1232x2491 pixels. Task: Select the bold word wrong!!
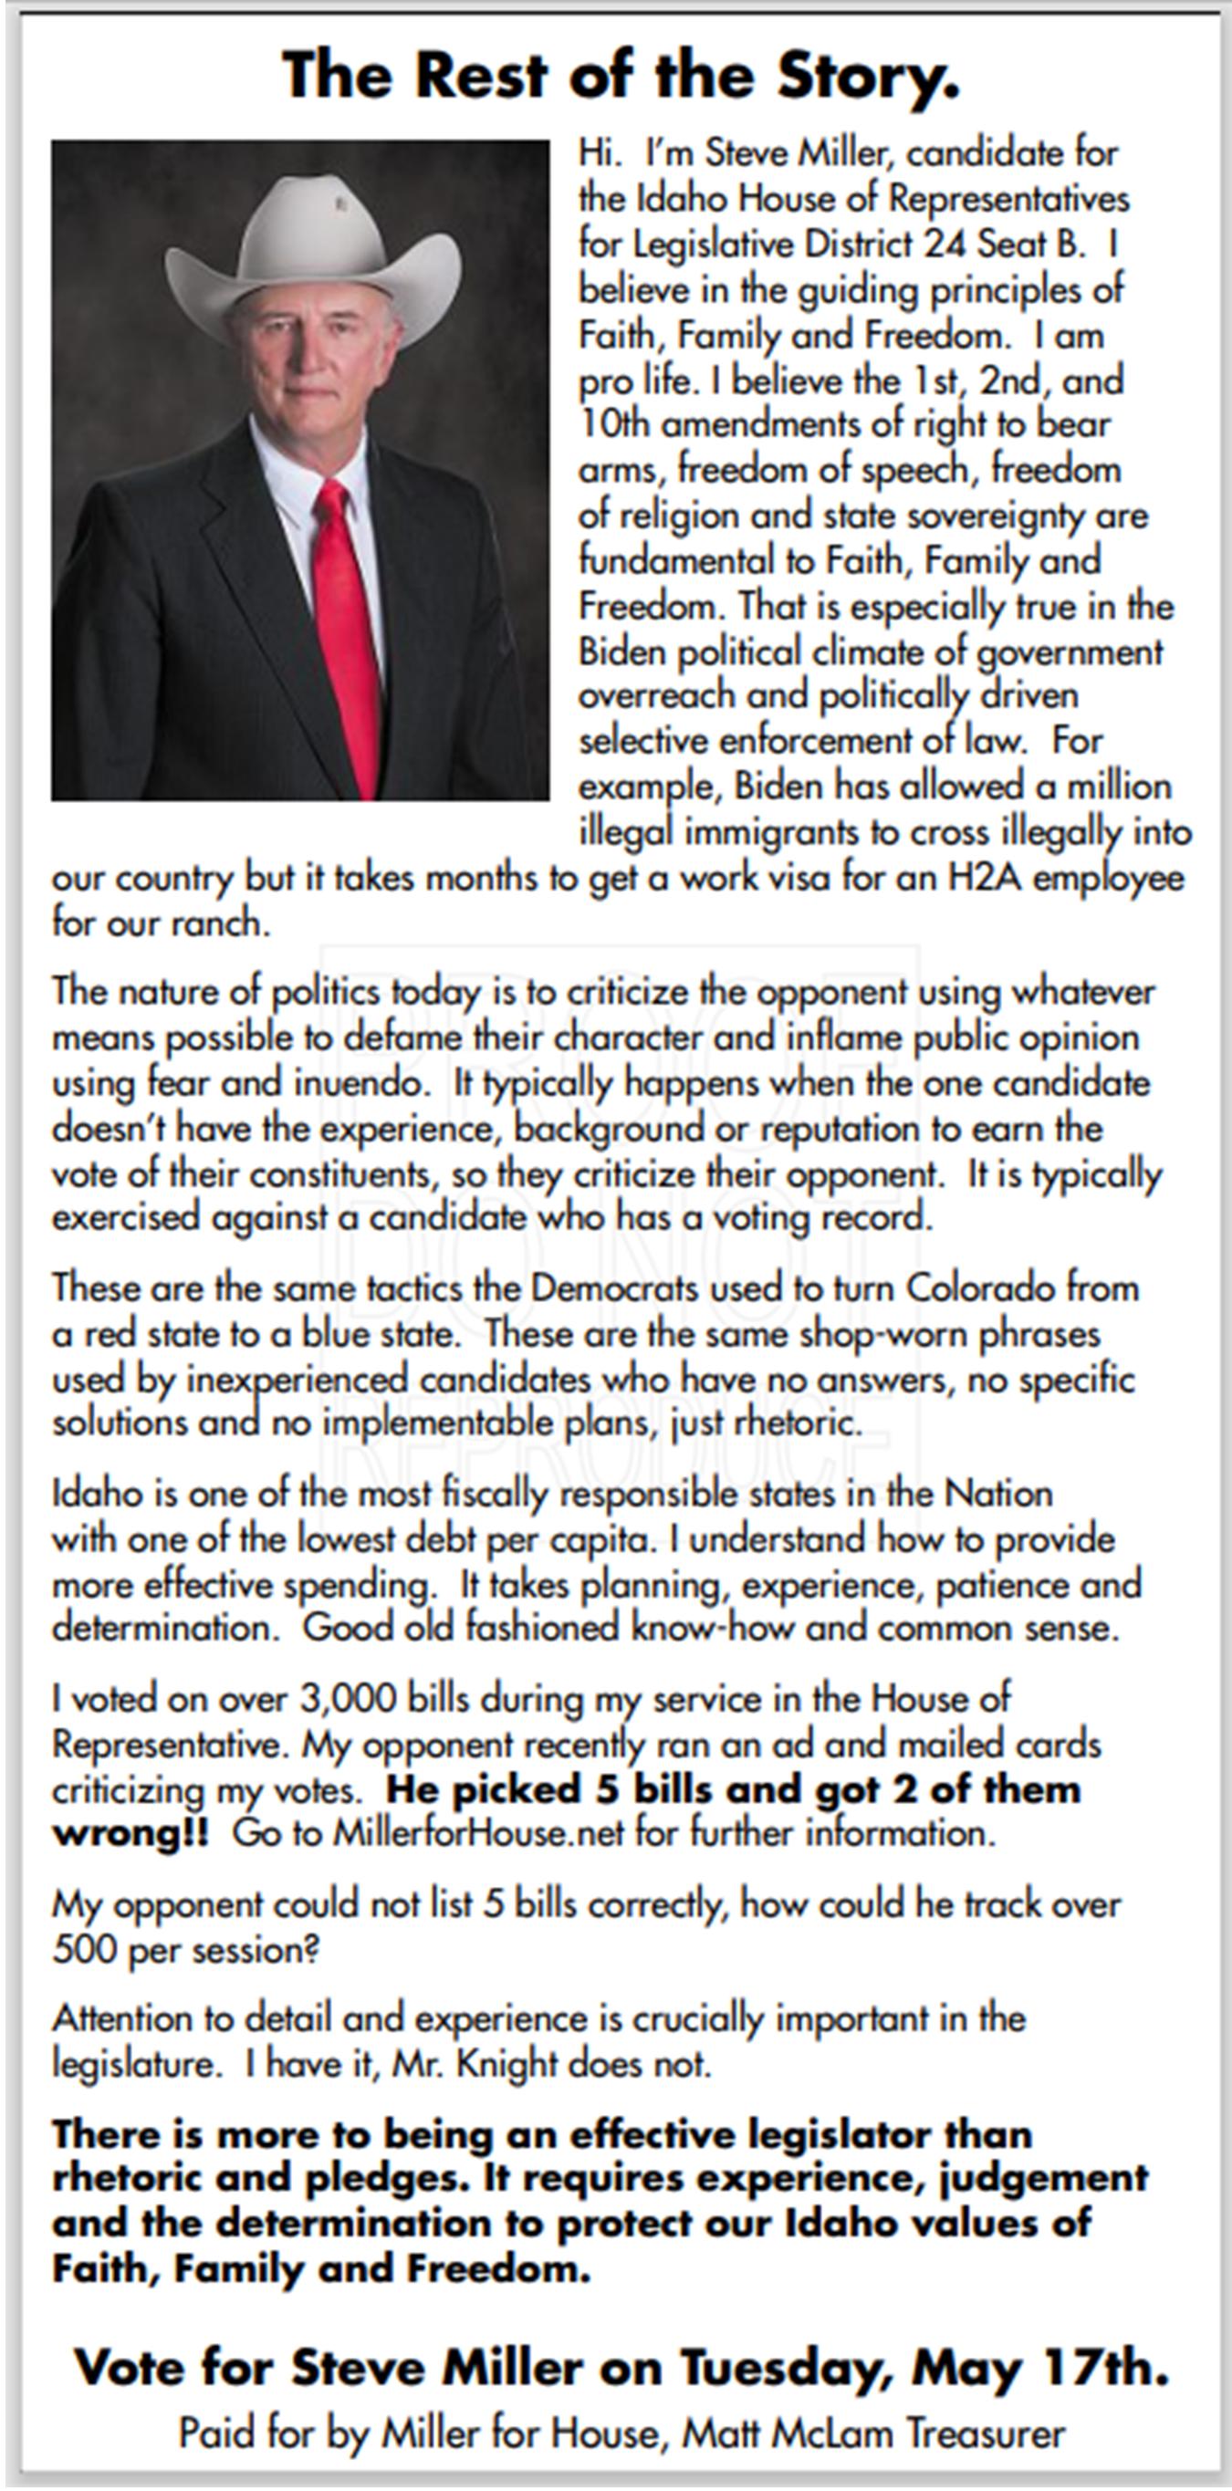[130, 1833]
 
